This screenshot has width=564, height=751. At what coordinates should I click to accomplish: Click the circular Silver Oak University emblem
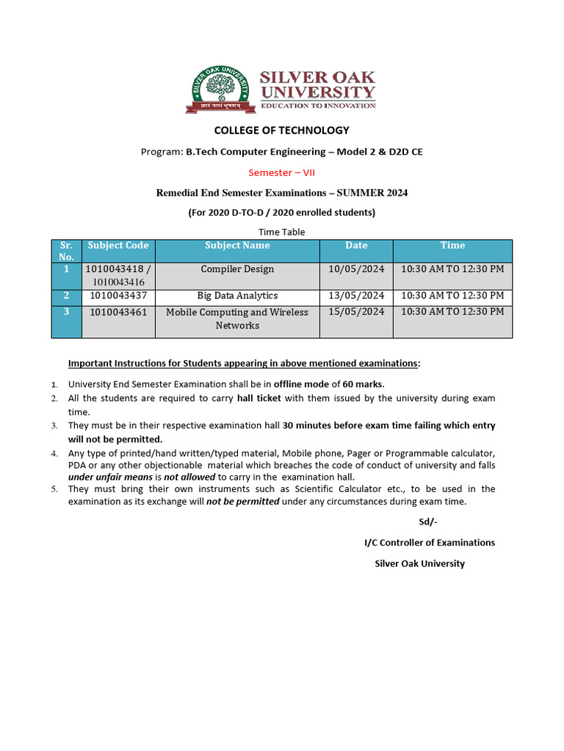[x=219, y=89]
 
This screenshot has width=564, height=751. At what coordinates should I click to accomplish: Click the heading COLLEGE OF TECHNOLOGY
[x=281, y=131]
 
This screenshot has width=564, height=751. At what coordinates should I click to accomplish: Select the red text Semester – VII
[x=281, y=172]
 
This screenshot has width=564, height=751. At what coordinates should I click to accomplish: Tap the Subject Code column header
[x=117, y=246]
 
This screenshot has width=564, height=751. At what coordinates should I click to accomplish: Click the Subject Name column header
[x=237, y=246]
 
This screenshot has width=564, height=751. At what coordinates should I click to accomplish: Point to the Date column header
[x=356, y=246]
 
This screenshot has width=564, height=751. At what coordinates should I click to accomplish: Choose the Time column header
[x=452, y=246]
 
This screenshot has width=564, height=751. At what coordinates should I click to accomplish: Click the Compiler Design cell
[x=237, y=269]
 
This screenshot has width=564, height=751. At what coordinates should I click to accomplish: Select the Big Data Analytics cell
[x=237, y=296]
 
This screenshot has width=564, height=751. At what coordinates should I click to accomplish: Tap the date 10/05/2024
[x=356, y=269]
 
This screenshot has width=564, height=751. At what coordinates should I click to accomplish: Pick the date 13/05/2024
[x=356, y=296]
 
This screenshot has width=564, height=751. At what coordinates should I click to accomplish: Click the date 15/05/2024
[x=356, y=312]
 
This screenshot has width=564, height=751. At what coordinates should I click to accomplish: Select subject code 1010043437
[x=118, y=296]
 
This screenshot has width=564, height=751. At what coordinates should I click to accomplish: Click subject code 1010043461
[x=118, y=312]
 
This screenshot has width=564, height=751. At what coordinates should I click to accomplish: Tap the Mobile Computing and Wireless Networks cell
[x=237, y=318]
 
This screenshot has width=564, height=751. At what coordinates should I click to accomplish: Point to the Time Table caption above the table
[x=281, y=232]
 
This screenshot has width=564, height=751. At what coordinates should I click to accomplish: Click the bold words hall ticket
[x=261, y=398]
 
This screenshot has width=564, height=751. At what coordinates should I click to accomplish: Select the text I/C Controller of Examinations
[x=430, y=543]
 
